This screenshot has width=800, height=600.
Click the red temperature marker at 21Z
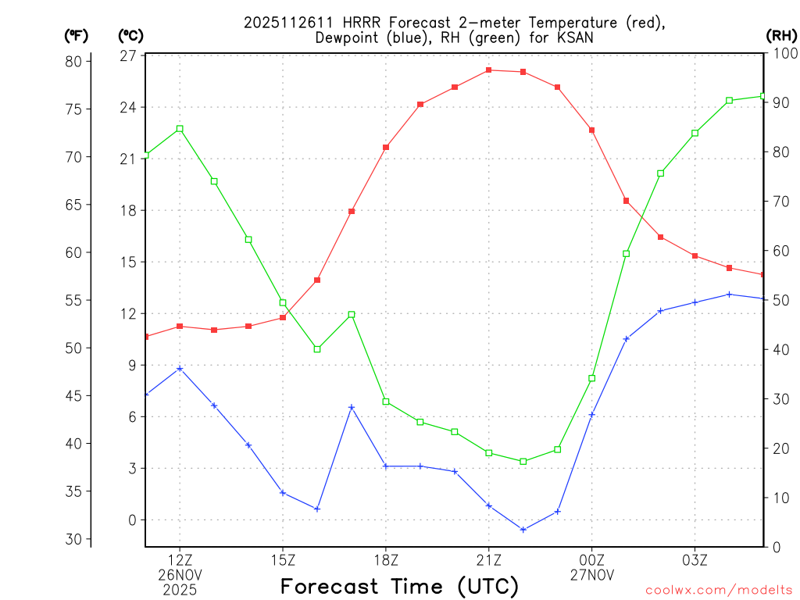[x=489, y=70]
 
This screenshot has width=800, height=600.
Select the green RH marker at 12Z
[x=180, y=129]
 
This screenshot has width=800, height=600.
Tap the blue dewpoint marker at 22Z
[x=523, y=530]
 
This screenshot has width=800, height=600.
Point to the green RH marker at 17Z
[x=352, y=315]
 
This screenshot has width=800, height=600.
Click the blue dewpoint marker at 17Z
[x=352, y=407]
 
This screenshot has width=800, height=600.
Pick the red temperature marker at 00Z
[x=592, y=130]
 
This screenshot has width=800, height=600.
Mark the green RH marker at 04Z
[x=729, y=101]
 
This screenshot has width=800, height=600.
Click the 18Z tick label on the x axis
[x=386, y=560]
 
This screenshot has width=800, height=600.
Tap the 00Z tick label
[x=592, y=560]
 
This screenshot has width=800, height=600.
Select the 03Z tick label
[x=695, y=560]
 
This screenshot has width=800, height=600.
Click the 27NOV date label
[x=592, y=575]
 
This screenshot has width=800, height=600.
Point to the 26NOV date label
[x=180, y=575]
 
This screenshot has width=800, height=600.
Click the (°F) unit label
[x=77, y=35]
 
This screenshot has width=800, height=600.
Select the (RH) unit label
[x=781, y=35]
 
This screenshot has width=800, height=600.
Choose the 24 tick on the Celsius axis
[x=127, y=107]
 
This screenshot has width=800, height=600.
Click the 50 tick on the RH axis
[x=780, y=300]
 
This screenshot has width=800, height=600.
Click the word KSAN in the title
[x=573, y=37]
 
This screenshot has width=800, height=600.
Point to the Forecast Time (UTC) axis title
[x=399, y=586]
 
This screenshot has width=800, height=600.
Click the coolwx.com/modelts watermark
[x=719, y=590]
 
